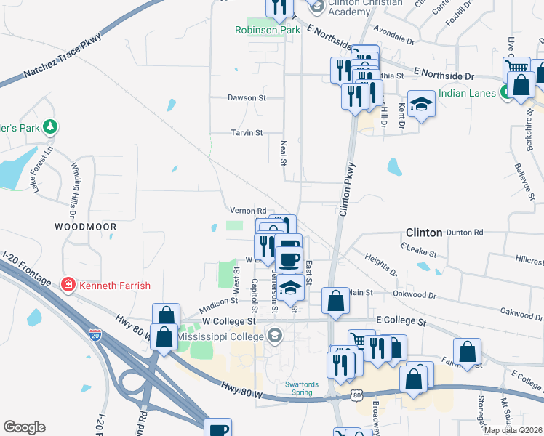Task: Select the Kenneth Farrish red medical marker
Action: pos(68,284)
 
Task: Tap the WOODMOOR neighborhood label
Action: pos(85,227)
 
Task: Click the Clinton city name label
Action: pos(423,233)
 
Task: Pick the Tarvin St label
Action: pos(246,133)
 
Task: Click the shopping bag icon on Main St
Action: pos(335,300)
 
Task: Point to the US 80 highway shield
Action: pos(356,393)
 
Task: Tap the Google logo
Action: pos(24,427)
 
